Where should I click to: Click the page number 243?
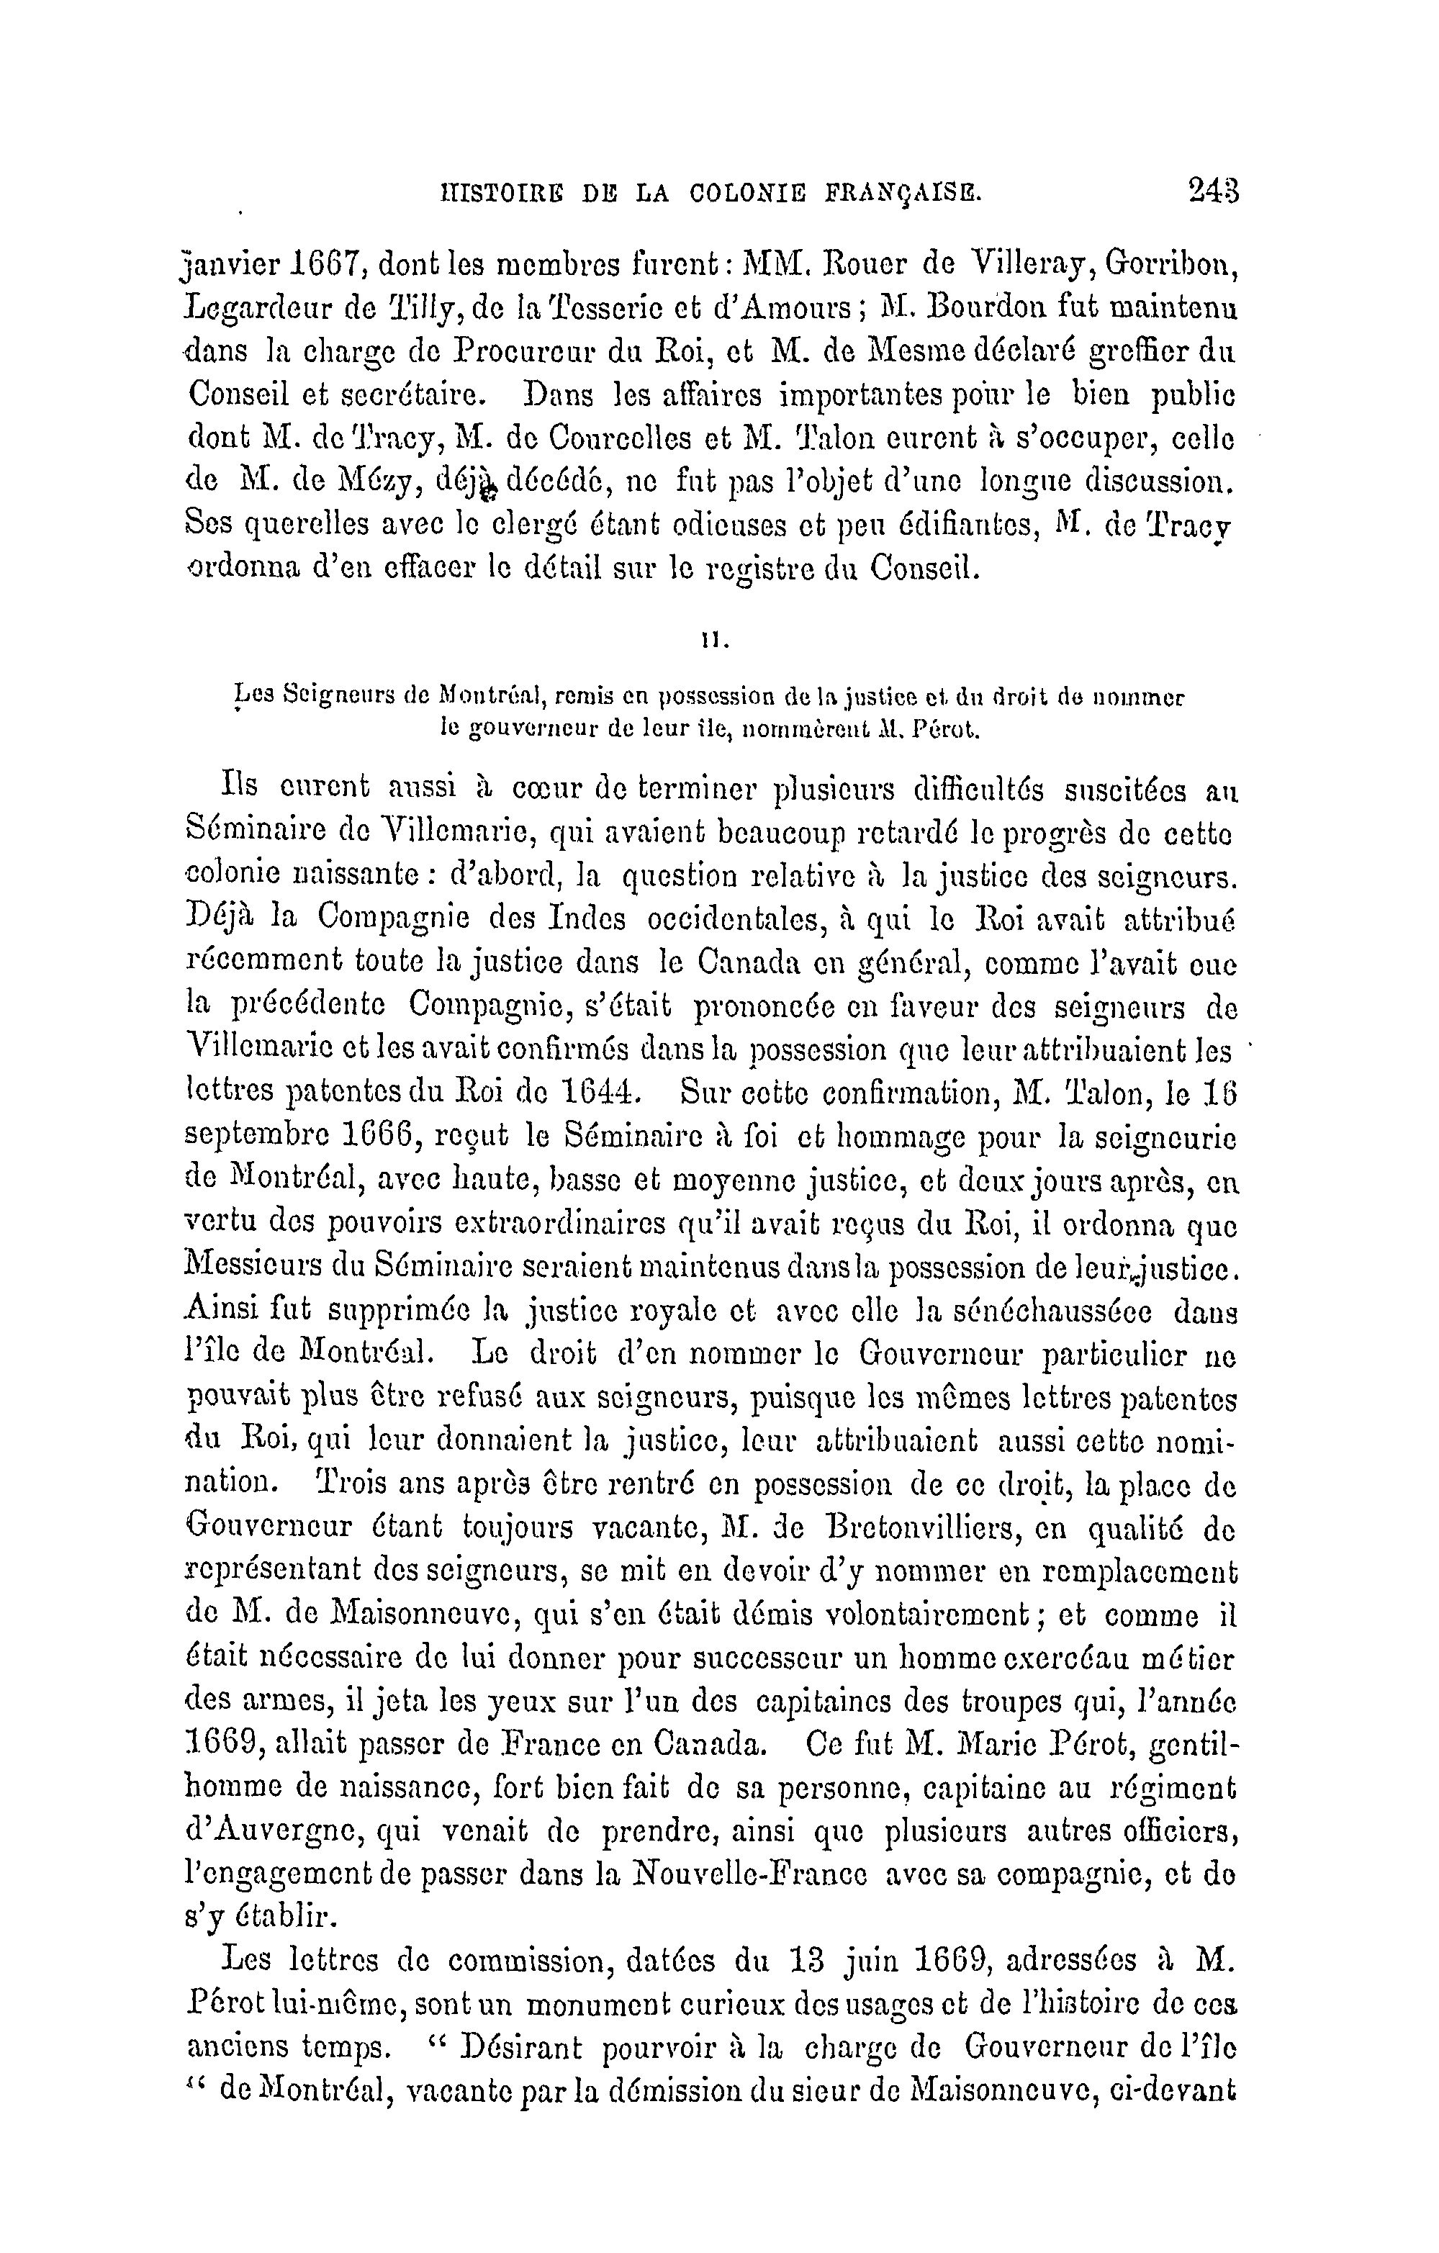click(1212, 191)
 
